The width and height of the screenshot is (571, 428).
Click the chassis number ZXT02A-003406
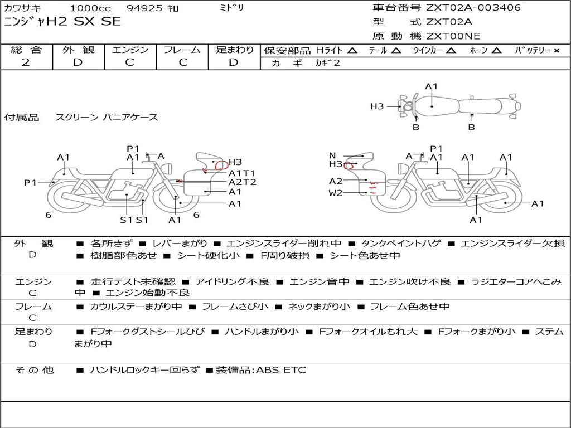[x=473, y=8]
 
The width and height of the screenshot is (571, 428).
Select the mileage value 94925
[x=144, y=8]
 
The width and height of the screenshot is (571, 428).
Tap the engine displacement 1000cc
[x=90, y=8]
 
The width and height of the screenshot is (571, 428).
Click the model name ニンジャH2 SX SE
[x=62, y=22]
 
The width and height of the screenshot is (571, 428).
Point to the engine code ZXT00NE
[x=453, y=36]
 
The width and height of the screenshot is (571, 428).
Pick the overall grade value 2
[x=26, y=62]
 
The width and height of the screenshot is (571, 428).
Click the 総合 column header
[x=26, y=50]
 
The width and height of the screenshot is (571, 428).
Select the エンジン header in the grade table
[x=130, y=50]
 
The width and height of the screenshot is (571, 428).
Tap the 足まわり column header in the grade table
[x=234, y=50]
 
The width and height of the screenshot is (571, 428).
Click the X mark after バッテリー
[x=556, y=51]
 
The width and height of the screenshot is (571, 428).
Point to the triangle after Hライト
[x=352, y=51]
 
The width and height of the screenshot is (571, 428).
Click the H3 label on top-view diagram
[x=377, y=106]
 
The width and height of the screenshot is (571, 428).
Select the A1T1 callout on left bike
[x=242, y=173]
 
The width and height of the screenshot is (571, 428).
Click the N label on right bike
[x=333, y=155]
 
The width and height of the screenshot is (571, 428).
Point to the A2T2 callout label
[x=243, y=182]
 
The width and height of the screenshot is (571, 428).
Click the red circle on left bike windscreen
[x=221, y=165]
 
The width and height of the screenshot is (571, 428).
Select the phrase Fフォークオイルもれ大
[x=368, y=332]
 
